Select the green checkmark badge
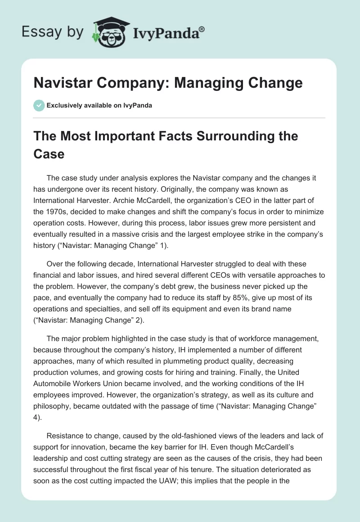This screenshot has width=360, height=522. tap(39, 105)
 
